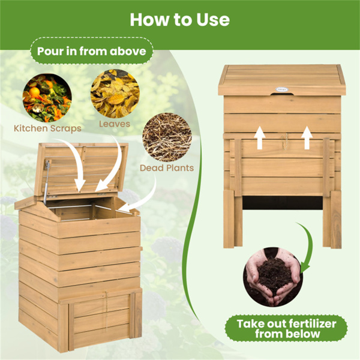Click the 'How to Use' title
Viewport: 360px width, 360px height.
[x=180, y=20]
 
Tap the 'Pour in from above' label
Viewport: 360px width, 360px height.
[x=92, y=51]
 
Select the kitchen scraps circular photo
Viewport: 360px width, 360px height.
[x=47, y=98]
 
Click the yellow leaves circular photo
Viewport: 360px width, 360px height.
[x=115, y=94]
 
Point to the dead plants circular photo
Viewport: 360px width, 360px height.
[x=167, y=137]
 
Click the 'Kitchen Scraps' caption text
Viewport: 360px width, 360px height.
[x=47, y=128]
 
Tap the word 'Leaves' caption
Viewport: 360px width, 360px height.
[x=115, y=124]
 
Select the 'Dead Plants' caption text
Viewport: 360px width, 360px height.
[x=167, y=168]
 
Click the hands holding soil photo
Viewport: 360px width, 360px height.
[x=273, y=277]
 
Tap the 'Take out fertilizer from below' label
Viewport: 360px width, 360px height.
[x=286, y=329]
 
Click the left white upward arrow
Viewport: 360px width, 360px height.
[x=260, y=137]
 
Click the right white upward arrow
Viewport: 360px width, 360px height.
[x=307, y=137]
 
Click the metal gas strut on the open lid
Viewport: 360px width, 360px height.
[x=47, y=181]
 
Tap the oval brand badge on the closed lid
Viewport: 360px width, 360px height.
[x=281, y=89]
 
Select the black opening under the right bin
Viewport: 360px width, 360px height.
[x=283, y=203]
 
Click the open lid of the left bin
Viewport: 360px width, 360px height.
[x=82, y=169]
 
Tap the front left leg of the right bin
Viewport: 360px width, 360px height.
[x=229, y=219]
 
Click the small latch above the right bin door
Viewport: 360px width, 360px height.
[x=284, y=142]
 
